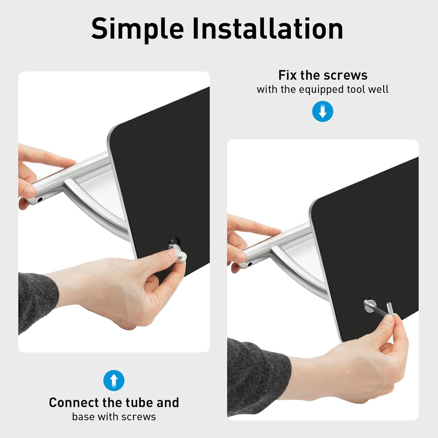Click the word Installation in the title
[x=268, y=28]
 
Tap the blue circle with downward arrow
[x=323, y=112]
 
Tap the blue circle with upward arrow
[x=114, y=380]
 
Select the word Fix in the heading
[x=288, y=75]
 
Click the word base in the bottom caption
[x=83, y=417]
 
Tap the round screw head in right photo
[x=370, y=306]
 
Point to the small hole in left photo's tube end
[x=40, y=200]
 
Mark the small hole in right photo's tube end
[x=250, y=264]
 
